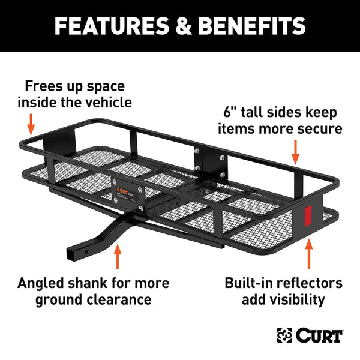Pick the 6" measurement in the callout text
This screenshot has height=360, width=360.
pos(232,112)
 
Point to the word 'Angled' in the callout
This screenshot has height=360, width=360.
pos(44,283)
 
